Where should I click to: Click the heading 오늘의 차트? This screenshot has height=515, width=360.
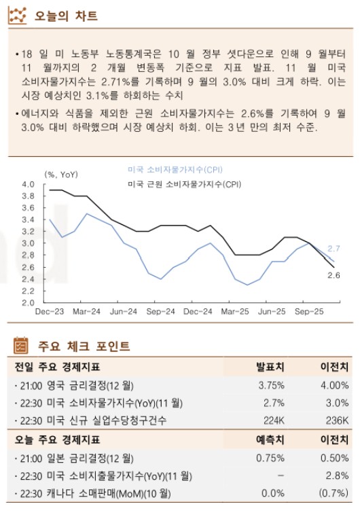(66, 16)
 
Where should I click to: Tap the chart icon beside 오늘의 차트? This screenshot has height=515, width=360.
(21, 15)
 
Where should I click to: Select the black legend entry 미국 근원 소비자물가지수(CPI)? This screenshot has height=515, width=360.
(185, 184)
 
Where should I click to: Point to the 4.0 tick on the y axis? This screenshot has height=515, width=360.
(28, 185)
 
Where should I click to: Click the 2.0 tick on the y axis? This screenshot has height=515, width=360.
(28, 303)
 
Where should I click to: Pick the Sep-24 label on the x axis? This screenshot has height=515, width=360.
(161, 312)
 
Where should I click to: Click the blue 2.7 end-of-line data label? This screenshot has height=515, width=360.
(334, 249)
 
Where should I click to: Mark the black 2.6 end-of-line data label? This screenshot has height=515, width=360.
(334, 274)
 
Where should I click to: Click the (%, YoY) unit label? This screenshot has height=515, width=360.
(61, 174)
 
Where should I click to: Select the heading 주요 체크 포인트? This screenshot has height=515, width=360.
(84, 347)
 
